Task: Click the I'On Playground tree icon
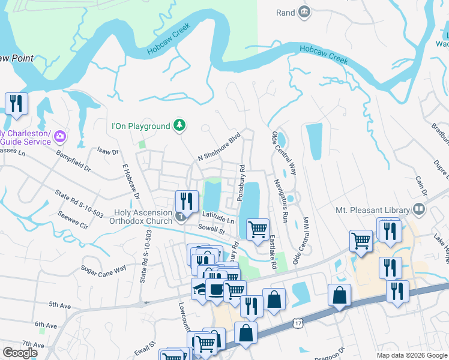tap(179, 125)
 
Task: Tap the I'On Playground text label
tap(141, 126)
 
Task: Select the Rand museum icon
tap(304, 12)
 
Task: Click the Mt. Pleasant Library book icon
tap(419, 210)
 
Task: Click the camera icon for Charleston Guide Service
tap(59, 136)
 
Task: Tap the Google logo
tap(20, 353)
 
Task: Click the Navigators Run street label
tap(282, 197)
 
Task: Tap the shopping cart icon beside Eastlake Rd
tap(258, 228)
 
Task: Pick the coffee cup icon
tap(216, 290)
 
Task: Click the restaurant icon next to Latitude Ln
tap(187, 201)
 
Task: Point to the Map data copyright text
tap(411, 355)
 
